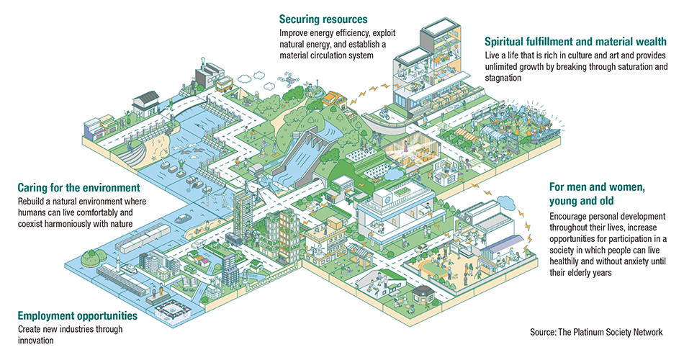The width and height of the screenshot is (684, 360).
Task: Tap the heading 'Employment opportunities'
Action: point(76,315)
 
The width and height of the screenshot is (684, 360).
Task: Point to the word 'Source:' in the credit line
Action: point(544,333)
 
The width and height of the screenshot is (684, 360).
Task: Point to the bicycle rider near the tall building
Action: point(385,114)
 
